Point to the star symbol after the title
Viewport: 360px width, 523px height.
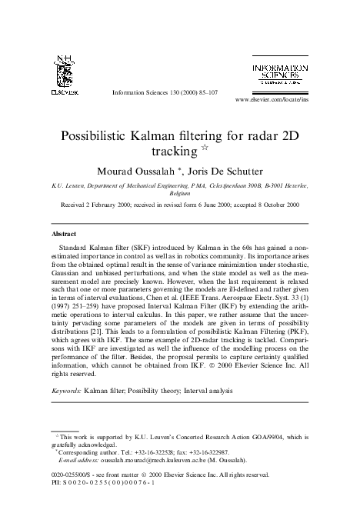click(x=205, y=148)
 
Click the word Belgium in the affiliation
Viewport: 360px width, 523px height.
click(x=180, y=194)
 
